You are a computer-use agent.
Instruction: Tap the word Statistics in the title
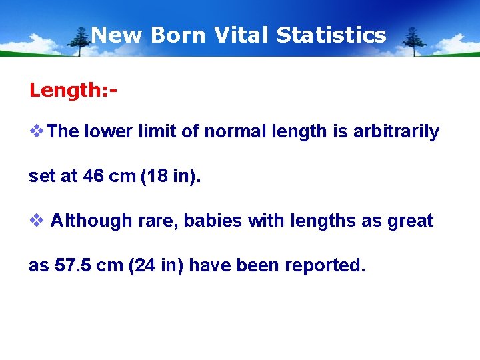click(331, 35)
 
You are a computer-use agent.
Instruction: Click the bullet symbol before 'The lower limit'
click(37, 131)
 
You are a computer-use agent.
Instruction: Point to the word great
click(409, 221)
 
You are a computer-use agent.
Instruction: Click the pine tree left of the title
click(81, 40)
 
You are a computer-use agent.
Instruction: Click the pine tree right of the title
click(414, 40)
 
